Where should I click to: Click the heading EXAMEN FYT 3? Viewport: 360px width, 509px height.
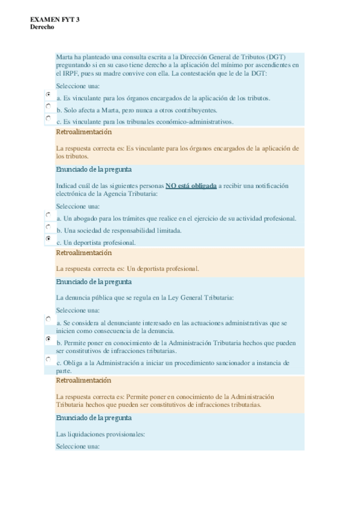coord(55,20)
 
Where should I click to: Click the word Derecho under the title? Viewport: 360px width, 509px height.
coord(42,27)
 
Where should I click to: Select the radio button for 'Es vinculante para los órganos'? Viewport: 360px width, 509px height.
coord(48,94)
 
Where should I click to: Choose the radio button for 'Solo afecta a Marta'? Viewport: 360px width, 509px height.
coord(48,106)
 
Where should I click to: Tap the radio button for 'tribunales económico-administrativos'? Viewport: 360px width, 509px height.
coord(48,118)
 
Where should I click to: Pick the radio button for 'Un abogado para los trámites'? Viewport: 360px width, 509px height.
coord(48,214)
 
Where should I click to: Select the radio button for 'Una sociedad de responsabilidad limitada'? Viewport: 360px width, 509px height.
coord(48,227)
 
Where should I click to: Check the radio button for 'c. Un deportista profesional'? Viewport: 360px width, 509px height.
coord(48,239)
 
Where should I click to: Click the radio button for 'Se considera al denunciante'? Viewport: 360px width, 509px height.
coord(48,319)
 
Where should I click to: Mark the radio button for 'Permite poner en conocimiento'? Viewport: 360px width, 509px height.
coord(48,339)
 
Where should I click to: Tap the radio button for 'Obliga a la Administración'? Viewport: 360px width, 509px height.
coord(48,359)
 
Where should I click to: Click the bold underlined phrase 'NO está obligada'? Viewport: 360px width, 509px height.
coord(191,186)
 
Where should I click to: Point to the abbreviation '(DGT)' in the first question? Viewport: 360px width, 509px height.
coord(275,56)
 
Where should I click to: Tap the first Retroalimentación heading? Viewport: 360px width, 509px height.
coord(83,132)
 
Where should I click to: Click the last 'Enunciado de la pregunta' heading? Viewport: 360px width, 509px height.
coord(94,418)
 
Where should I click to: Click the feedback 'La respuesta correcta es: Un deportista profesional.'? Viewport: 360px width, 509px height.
coord(127,269)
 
